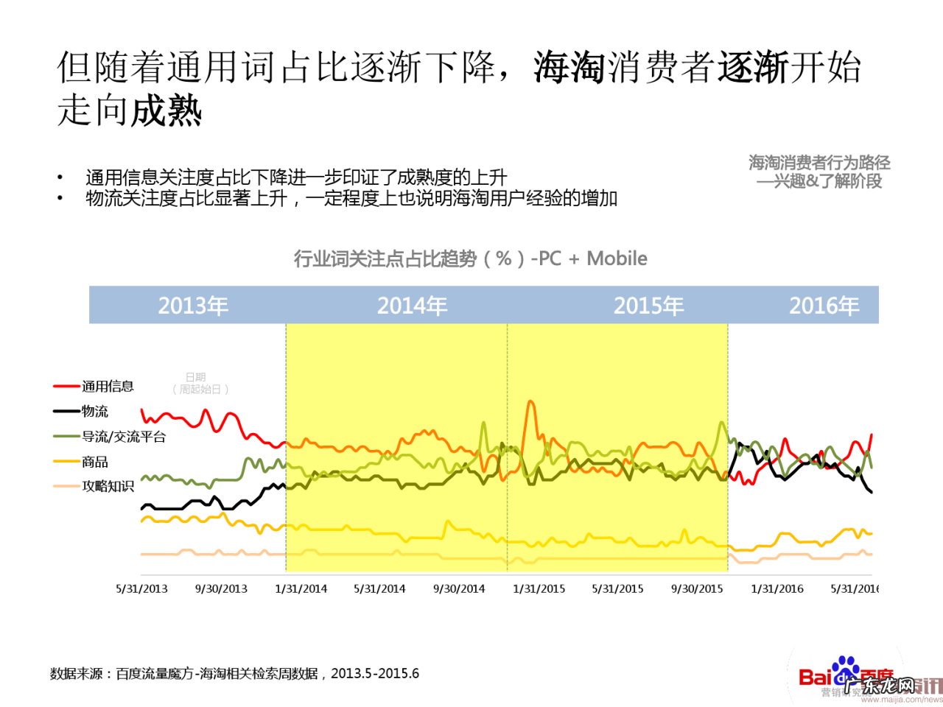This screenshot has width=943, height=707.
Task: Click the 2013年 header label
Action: click(193, 306)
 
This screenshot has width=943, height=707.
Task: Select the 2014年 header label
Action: click(412, 306)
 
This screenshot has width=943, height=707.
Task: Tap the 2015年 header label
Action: click(648, 306)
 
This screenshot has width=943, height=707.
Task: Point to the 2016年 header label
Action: click(824, 306)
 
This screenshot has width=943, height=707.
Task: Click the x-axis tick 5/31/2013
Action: click(141, 589)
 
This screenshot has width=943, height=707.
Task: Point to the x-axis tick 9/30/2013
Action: click(221, 589)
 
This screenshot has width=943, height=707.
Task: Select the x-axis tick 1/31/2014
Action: click(301, 589)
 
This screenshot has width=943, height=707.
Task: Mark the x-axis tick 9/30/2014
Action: click(459, 589)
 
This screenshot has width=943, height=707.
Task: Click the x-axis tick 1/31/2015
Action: click(539, 589)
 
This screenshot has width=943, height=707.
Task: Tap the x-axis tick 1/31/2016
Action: click(777, 589)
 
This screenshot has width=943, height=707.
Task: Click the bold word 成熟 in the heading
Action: click(166, 111)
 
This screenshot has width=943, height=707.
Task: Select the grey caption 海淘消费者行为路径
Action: click(819, 163)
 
